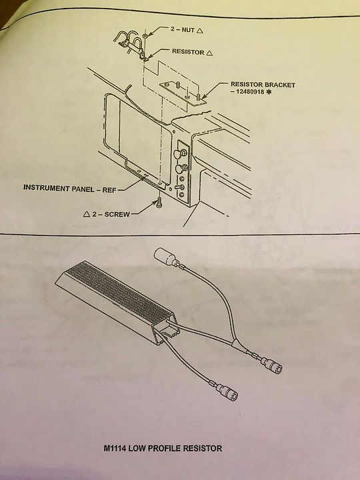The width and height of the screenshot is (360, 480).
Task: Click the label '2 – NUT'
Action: click(x=183, y=30)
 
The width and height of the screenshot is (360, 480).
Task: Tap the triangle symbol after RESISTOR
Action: click(x=209, y=53)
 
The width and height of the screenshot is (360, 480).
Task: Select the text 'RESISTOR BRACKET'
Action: click(x=263, y=85)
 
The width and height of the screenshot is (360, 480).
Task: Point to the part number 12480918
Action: click(x=249, y=91)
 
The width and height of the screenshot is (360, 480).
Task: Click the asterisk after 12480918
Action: click(x=269, y=91)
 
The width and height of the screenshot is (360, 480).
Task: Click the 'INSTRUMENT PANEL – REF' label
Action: click(x=70, y=188)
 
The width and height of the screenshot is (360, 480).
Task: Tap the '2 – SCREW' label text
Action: click(x=111, y=214)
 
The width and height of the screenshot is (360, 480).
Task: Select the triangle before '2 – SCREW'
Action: click(x=87, y=214)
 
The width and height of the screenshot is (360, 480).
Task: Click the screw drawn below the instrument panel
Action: click(x=159, y=202)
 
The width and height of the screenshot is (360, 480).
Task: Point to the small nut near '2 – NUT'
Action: click(x=145, y=36)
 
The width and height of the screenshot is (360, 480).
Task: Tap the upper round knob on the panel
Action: click(x=180, y=153)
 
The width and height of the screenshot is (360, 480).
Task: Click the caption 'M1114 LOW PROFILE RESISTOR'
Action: click(x=163, y=449)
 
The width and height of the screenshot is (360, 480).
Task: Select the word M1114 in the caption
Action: click(x=115, y=449)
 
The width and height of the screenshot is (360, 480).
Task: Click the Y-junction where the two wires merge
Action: click(x=235, y=343)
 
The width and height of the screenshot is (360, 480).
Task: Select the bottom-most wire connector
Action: click(x=227, y=391)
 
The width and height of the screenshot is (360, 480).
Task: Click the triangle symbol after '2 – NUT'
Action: click(x=199, y=30)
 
